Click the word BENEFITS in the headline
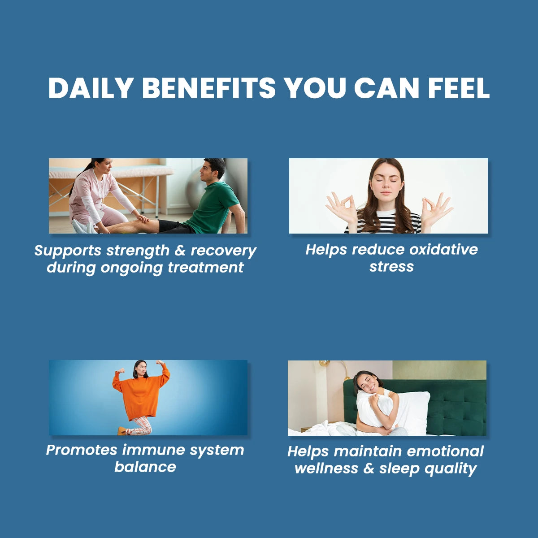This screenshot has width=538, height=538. tap(209, 88)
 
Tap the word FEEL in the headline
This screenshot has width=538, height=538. tap(458, 88)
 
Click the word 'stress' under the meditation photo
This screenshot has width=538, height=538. tap(391, 267)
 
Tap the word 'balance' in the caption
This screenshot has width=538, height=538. tap(145, 467)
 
